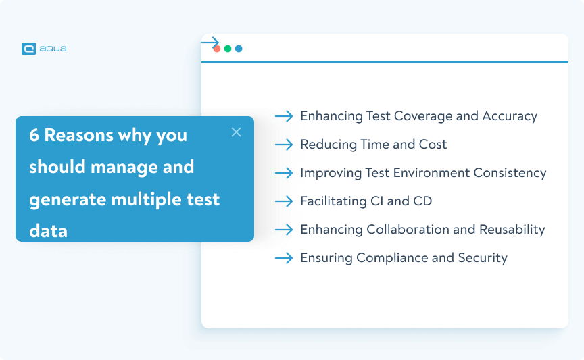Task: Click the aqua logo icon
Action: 28,49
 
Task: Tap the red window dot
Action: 217,49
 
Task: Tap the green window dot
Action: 228,49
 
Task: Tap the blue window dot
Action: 239,49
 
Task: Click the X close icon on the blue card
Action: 236,132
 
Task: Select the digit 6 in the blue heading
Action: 34,135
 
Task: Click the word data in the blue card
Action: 48,231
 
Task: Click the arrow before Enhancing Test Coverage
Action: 284,116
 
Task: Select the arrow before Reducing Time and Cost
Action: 284,145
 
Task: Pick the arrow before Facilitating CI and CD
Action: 284,201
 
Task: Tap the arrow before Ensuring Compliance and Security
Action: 284,258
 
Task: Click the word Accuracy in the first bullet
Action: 510,116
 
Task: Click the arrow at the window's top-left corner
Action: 210,42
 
